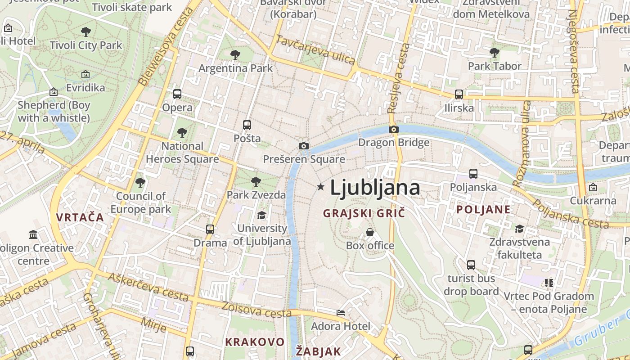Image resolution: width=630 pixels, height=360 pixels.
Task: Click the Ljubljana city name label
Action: tap(375, 188)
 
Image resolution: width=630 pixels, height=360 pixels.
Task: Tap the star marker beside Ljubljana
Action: tap(320, 186)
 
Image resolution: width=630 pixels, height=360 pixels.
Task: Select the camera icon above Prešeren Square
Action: tap(304, 146)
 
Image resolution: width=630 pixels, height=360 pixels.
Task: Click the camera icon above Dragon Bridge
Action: tap(394, 130)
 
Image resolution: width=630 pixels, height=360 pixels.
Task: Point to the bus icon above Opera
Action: tap(177, 94)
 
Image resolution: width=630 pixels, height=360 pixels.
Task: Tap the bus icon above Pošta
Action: tap(247, 125)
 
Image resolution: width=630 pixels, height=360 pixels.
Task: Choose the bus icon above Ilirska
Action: tap(459, 94)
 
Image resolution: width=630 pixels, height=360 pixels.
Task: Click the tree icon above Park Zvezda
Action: tap(256, 182)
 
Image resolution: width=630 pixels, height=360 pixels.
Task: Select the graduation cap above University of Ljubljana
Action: tap(261, 215)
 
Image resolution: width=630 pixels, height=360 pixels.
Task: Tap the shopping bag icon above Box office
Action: tap(370, 232)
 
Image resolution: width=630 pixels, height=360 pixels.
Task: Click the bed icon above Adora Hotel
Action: tap(341, 313)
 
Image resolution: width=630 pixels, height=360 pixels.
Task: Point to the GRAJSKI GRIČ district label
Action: tap(364, 213)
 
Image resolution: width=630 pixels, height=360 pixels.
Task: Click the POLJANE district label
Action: tap(483, 209)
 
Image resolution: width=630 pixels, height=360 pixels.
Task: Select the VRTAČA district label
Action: tap(80, 217)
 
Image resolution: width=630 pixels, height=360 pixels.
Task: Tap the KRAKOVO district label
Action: tap(255, 342)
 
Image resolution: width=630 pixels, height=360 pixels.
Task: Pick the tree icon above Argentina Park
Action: tap(235, 55)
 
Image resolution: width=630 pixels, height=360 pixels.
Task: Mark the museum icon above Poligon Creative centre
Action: tap(33, 234)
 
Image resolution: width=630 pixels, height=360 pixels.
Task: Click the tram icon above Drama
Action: tap(210, 229)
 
